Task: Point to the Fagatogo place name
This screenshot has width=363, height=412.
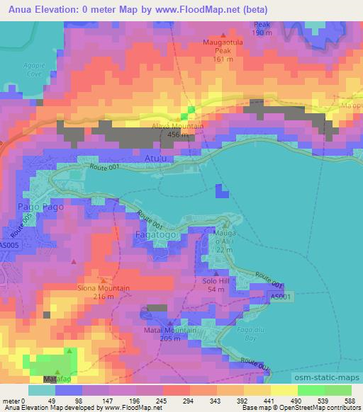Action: click(151, 233)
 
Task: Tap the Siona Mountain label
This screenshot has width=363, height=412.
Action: click(104, 288)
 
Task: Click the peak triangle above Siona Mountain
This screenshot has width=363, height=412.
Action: click(104, 280)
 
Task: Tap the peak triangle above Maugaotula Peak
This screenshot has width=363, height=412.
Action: click(224, 35)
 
